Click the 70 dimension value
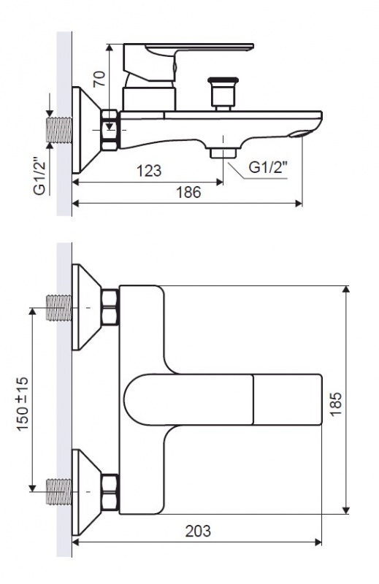point(99,79)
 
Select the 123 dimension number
point(149,171)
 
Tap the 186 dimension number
point(188,192)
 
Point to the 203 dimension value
point(198,531)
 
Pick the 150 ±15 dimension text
point(23,404)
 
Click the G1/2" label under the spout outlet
point(268,167)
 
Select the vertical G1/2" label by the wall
point(40,175)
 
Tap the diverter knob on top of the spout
point(223,93)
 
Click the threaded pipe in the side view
point(59,130)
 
